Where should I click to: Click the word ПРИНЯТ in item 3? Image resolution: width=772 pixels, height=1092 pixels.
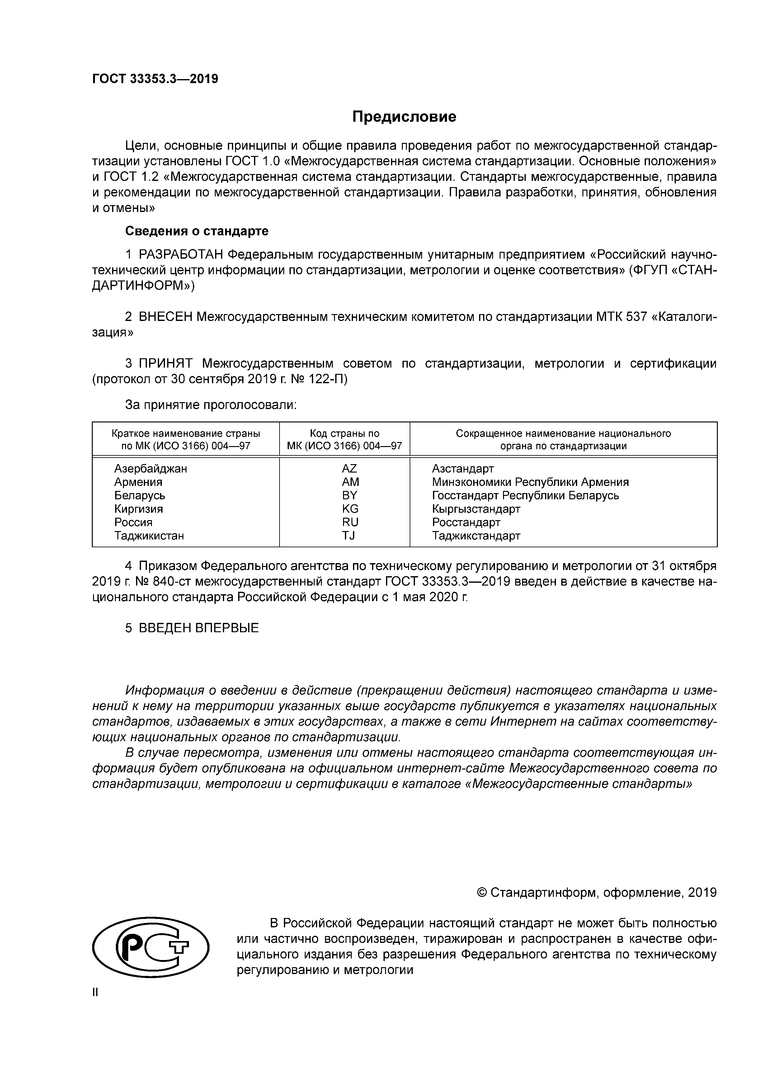point(166,364)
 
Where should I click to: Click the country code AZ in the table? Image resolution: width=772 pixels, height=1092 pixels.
point(349,468)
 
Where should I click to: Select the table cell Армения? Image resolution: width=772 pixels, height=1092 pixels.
point(138,482)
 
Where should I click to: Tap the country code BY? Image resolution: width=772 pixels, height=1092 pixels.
point(349,495)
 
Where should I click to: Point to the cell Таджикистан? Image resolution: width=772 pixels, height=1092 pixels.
point(149,535)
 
